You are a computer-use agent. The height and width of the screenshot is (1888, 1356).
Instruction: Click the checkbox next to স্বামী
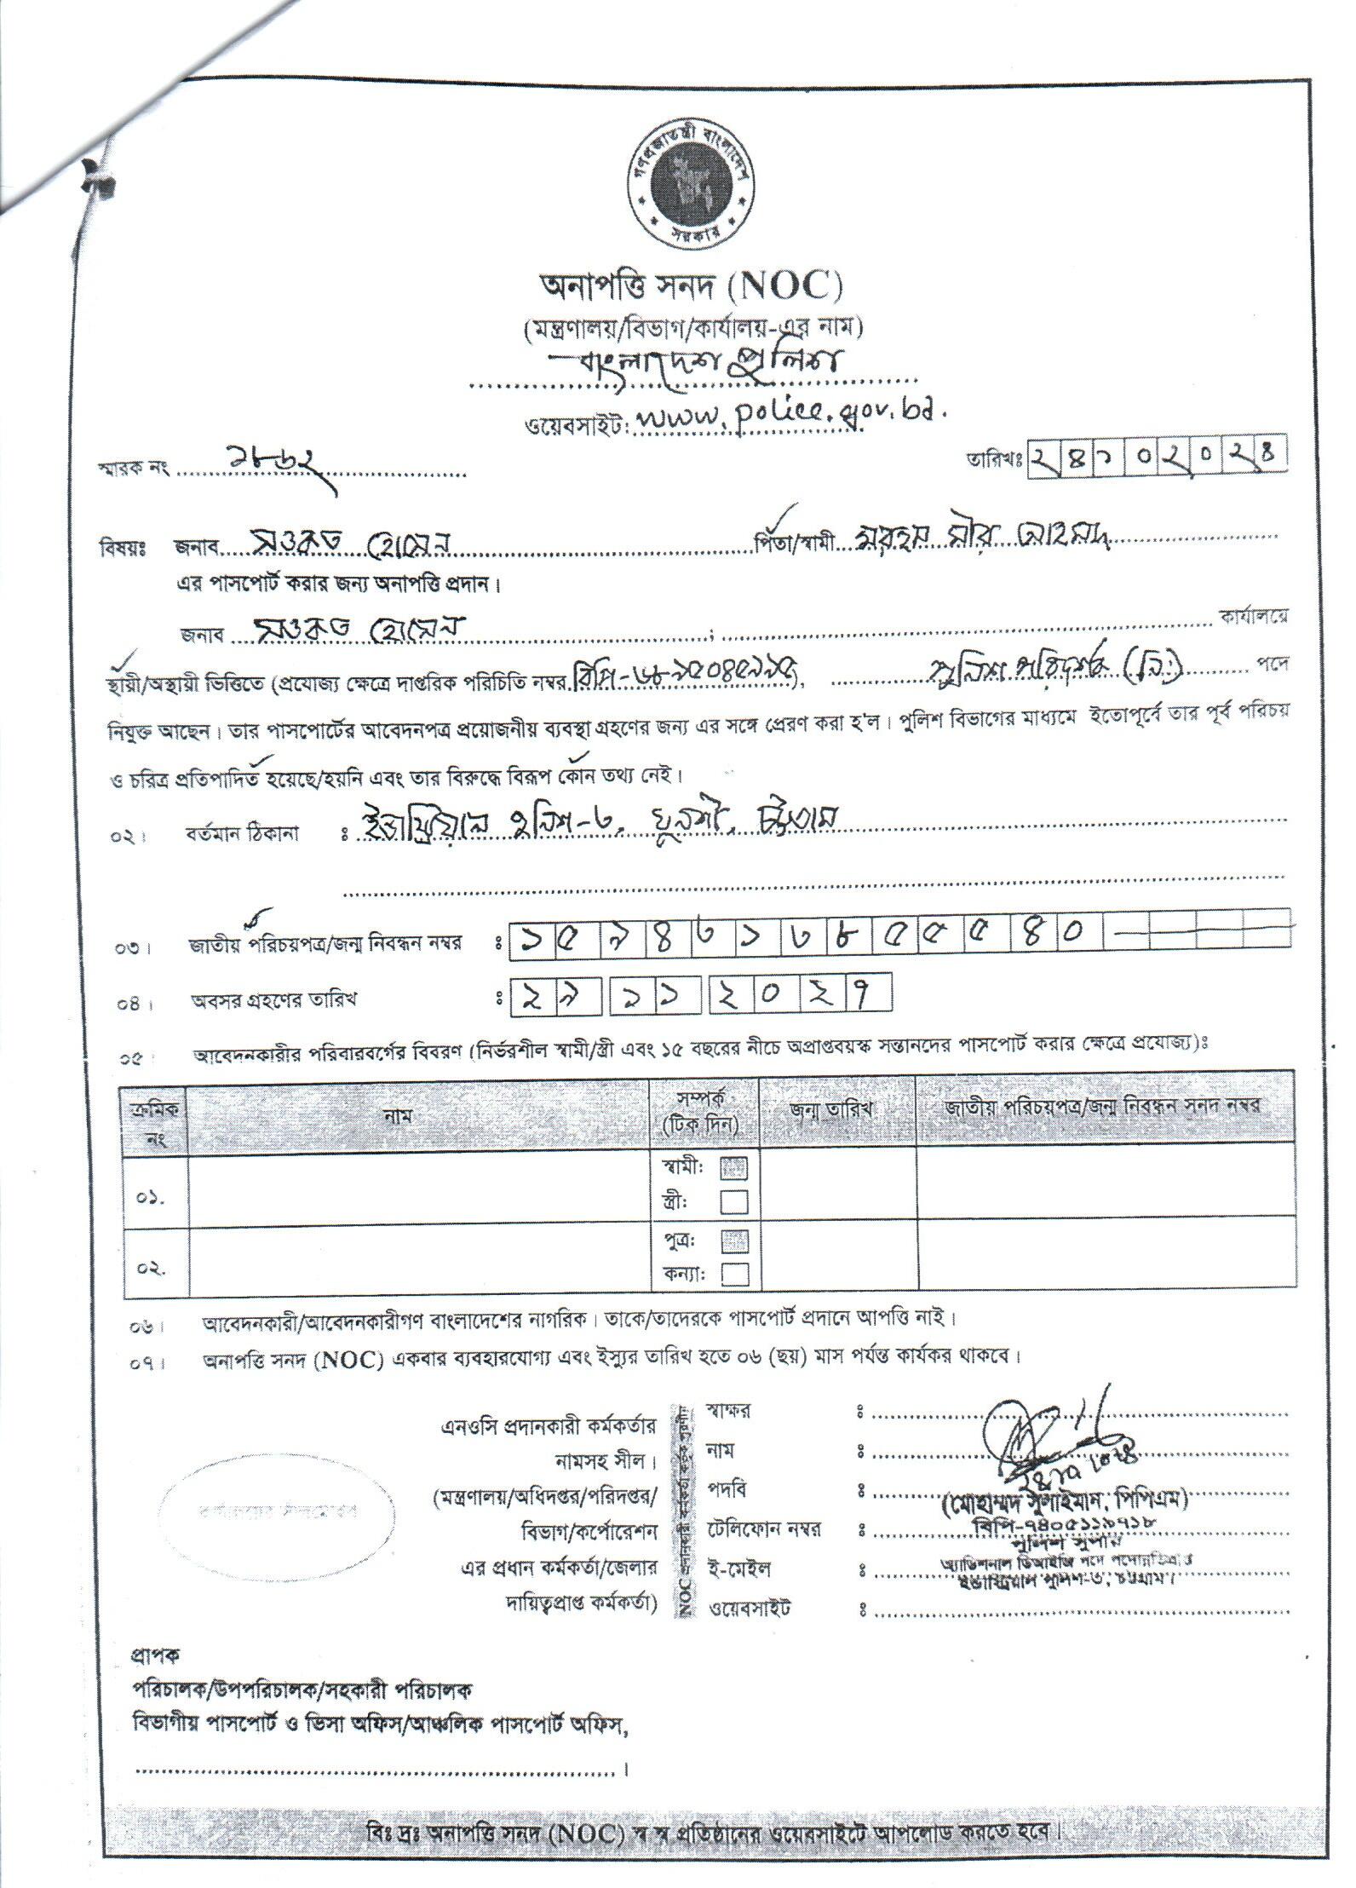[734, 1168]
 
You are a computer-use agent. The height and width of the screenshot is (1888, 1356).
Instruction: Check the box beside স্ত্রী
[734, 1201]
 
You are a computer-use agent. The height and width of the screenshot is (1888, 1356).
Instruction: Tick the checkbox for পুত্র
[734, 1240]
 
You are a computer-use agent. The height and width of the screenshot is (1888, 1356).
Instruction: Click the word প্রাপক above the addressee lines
[153, 1655]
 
